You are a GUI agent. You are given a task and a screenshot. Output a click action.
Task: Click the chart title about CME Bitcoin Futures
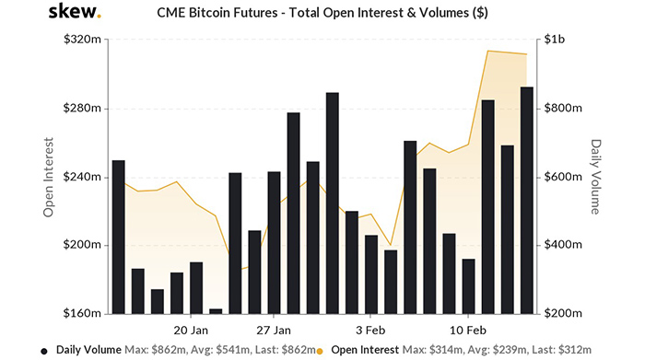coord(322,14)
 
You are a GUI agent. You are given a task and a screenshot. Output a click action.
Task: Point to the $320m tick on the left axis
coord(82,41)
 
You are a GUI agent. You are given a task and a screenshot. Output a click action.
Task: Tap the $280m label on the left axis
coord(82,109)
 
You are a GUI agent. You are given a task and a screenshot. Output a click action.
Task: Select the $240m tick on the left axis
coord(82,177)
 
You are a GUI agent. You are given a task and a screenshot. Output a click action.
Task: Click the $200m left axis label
coord(82,245)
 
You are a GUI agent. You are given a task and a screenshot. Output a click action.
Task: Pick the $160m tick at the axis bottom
coord(82,313)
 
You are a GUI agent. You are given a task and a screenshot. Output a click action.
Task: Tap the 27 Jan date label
coord(274,329)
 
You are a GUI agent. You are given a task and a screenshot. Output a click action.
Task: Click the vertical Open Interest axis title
coord(48,177)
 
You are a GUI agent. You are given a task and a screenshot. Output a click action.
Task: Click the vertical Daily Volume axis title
coord(596,177)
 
